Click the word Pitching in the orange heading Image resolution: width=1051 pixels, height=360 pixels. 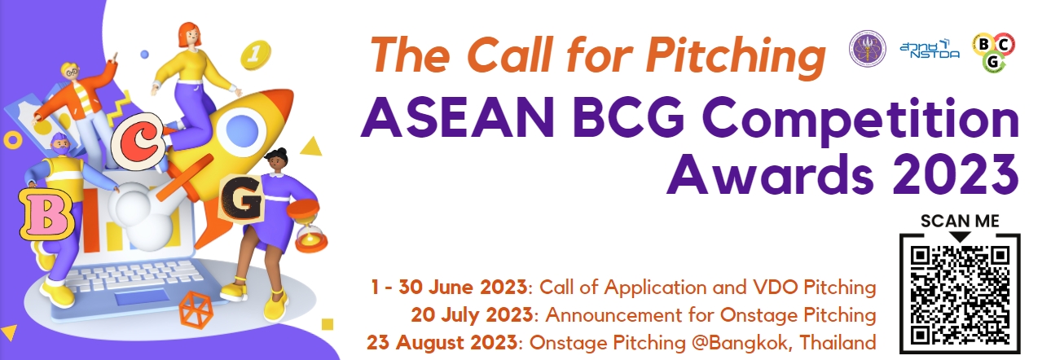(735, 56)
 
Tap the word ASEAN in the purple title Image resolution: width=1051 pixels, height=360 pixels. (457, 118)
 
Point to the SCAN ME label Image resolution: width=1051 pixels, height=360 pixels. (960, 221)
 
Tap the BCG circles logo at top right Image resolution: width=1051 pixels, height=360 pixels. (993, 52)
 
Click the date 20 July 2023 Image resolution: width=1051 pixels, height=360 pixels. (472, 314)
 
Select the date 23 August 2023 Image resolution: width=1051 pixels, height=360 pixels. (442, 342)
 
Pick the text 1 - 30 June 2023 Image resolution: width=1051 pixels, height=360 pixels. (449, 287)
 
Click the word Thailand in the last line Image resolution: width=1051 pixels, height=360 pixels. (838, 342)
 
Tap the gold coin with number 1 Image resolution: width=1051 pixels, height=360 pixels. (256, 54)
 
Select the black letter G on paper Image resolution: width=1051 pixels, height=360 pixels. (242, 200)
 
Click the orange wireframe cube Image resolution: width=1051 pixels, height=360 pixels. (196, 310)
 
